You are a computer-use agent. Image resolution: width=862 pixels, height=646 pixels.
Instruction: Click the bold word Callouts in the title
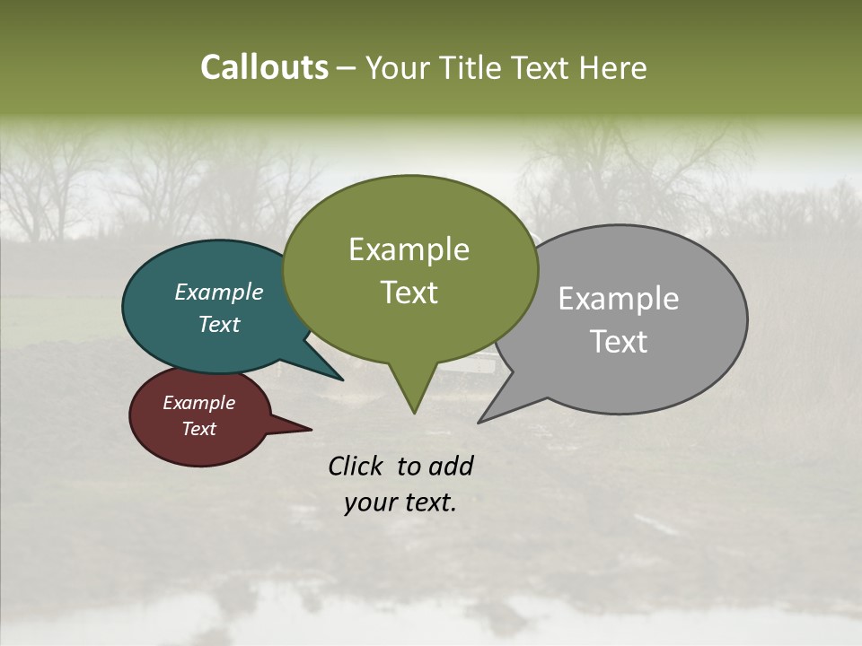click(x=264, y=67)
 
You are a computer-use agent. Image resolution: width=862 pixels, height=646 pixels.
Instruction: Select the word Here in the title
click(x=614, y=67)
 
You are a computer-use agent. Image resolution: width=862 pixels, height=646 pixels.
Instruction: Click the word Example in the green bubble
click(x=409, y=249)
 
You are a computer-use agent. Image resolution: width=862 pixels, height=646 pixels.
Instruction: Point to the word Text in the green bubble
click(x=409, y=292)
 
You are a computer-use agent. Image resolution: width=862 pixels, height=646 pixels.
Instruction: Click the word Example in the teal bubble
click(x=219, y=292)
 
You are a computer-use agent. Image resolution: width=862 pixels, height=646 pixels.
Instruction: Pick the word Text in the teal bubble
click(x=219, y=324)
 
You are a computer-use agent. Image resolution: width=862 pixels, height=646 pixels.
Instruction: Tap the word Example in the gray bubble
click(x=619, y=298)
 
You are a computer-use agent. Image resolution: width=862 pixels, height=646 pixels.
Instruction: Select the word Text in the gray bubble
click(x=619, y=341)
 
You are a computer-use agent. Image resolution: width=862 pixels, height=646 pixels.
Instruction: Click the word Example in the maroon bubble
click(x=198, y=403)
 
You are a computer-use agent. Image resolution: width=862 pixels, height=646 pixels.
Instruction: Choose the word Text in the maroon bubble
click(x=198, y=428)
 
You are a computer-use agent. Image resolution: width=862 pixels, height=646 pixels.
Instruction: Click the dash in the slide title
click(x=347, y=68)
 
